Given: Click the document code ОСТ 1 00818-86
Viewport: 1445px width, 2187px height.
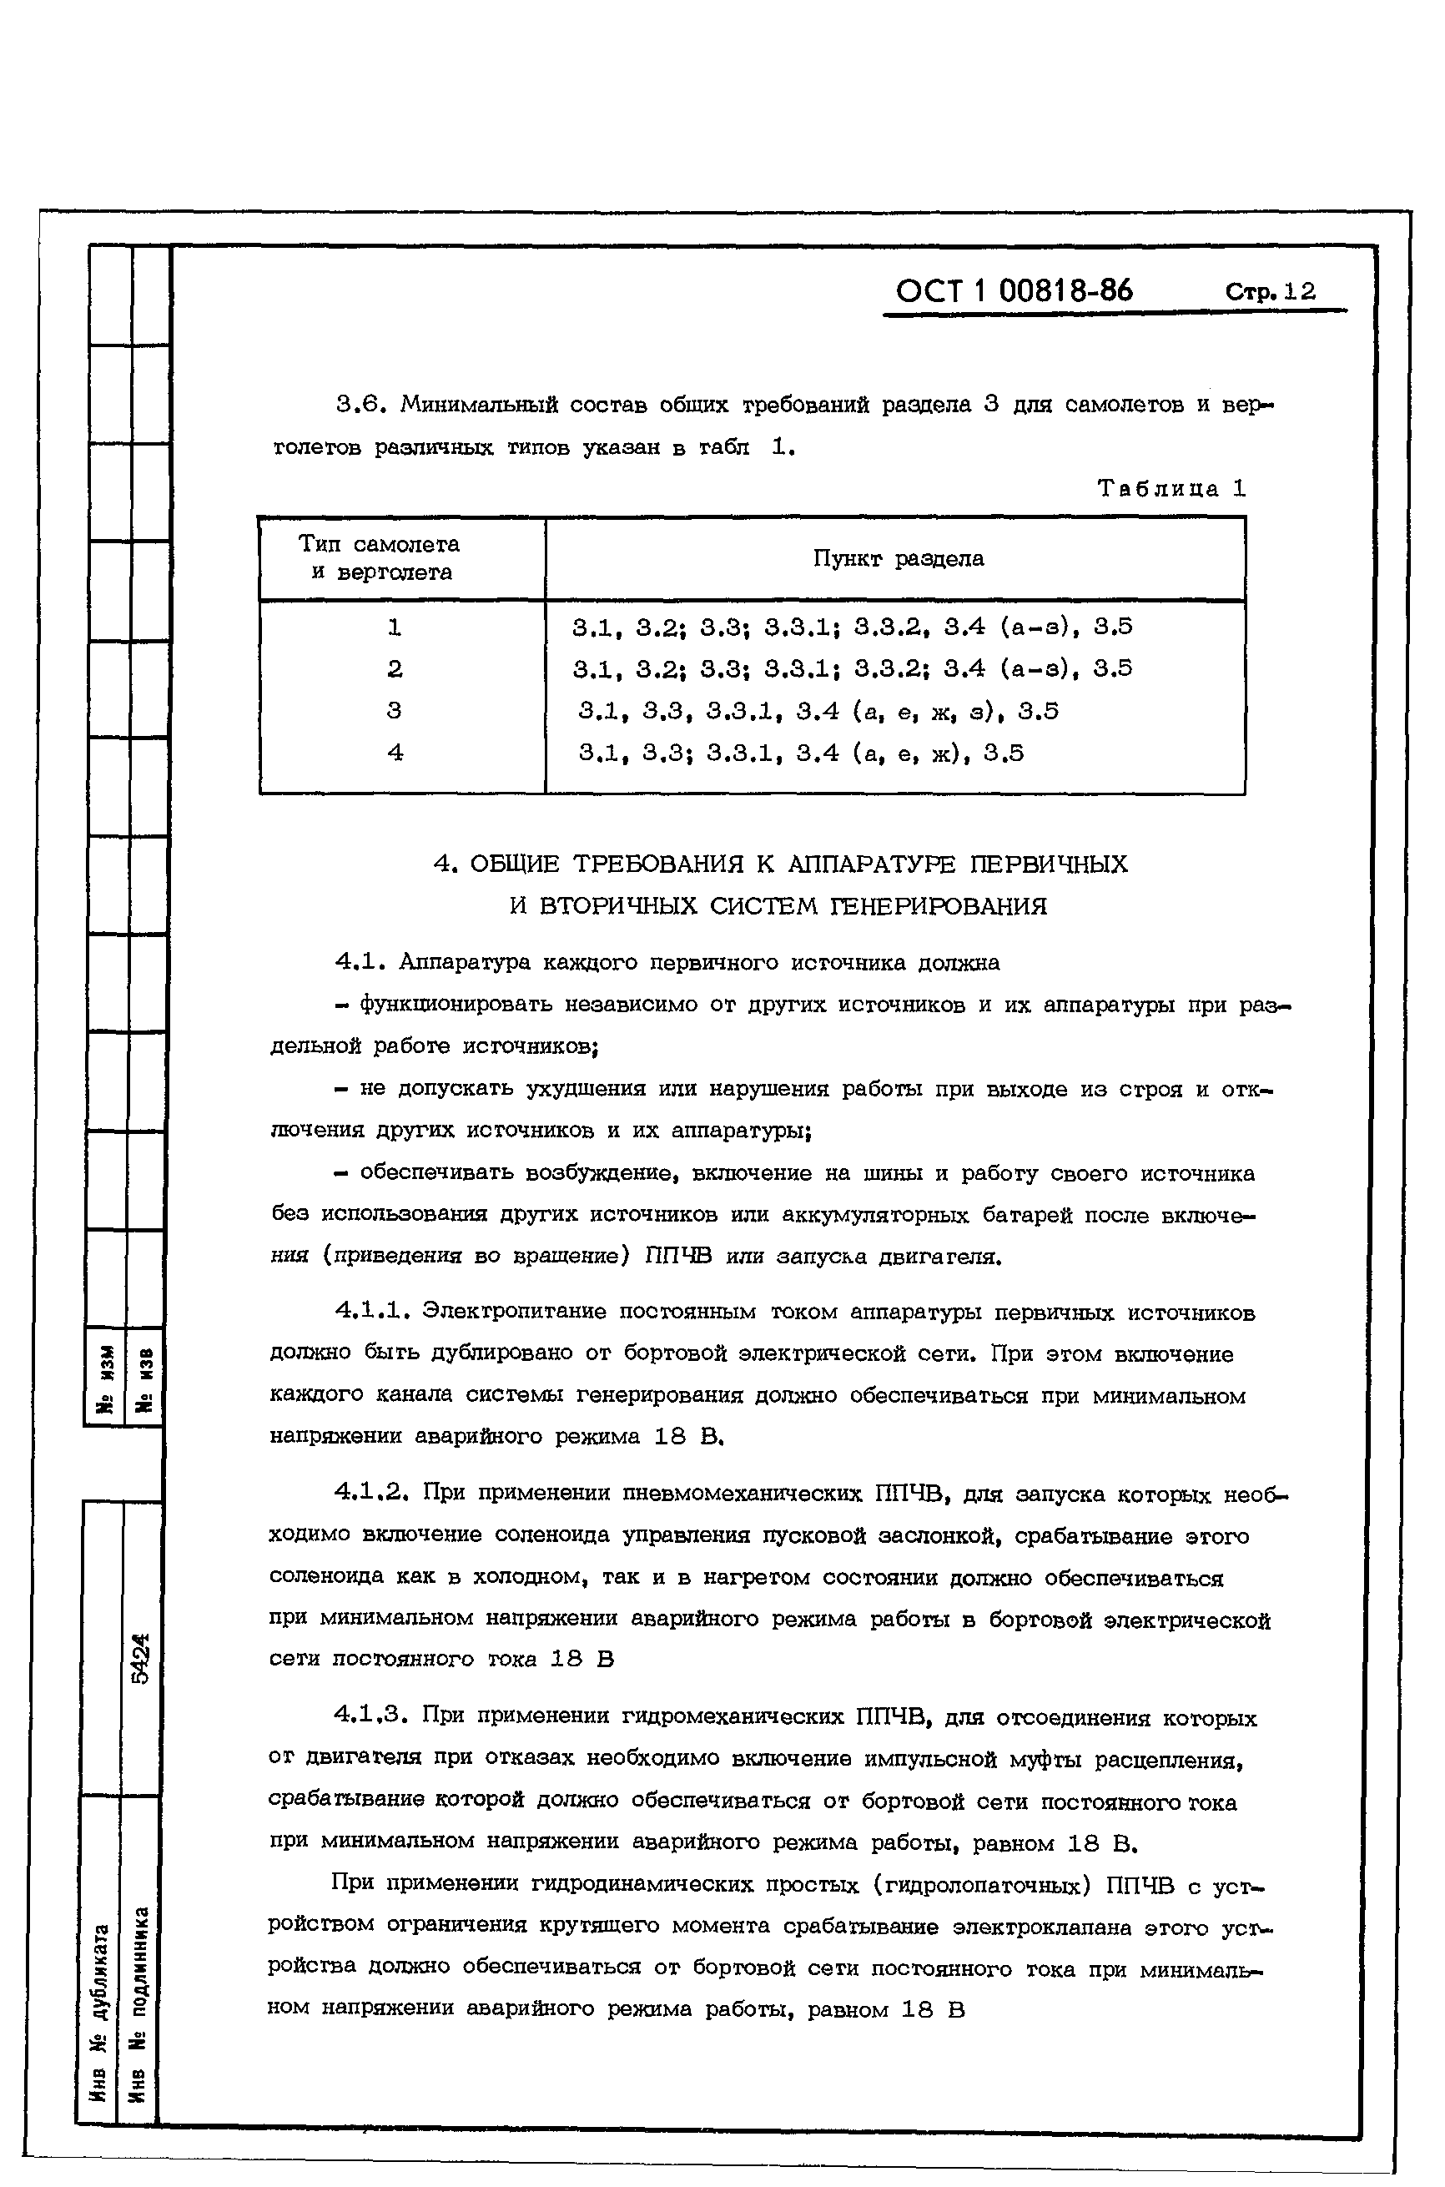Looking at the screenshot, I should click(x=1015, y=291).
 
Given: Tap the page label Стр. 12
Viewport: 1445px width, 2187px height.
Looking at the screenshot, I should click(x=1271, y=292).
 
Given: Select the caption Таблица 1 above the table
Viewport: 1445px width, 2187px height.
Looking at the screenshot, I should click(x=1171, y=488).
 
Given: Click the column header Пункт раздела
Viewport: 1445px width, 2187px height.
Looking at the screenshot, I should click(x=898, y=558).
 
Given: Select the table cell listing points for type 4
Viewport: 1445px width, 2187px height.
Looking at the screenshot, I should click(x=801, y=753).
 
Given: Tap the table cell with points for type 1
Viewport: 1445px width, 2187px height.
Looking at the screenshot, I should click(x=852, y=627).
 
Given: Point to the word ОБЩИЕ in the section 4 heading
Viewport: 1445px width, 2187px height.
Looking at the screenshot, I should click(x=514, y=864).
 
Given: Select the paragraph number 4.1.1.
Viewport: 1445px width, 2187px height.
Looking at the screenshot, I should click(x=372, y=1311).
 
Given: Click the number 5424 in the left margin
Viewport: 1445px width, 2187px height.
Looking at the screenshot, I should click(x=140, y=1659).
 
